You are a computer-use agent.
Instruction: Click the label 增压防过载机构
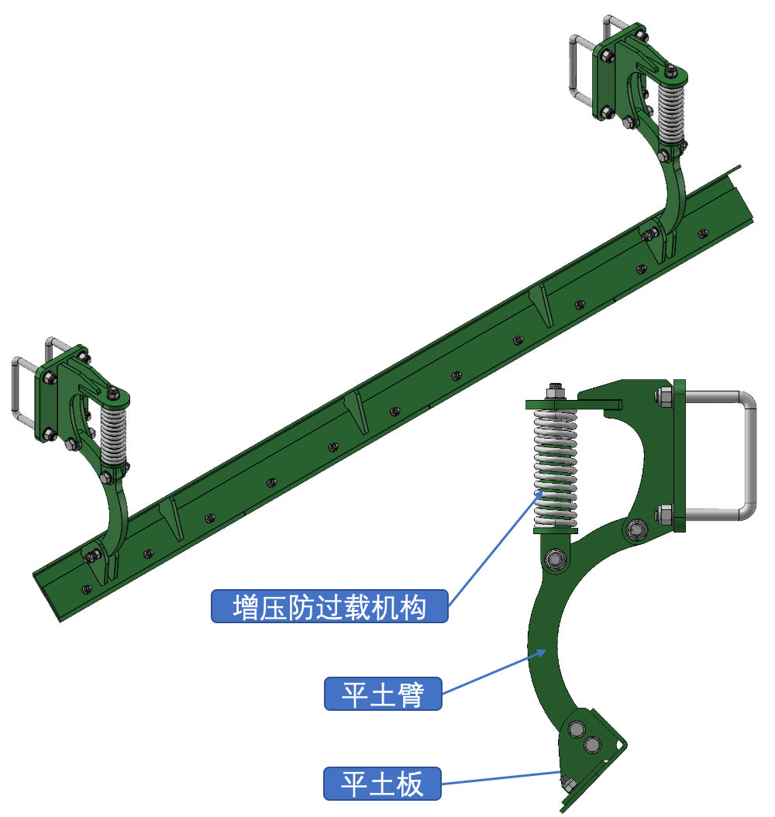click(329, 606)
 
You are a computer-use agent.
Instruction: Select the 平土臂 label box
click(383, 693)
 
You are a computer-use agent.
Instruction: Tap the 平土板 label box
click(383, 784)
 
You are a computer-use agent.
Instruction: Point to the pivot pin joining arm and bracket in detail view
click(638, 529)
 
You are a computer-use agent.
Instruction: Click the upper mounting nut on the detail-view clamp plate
click(664, 397)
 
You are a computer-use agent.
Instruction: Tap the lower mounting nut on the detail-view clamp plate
click(664, 513)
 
